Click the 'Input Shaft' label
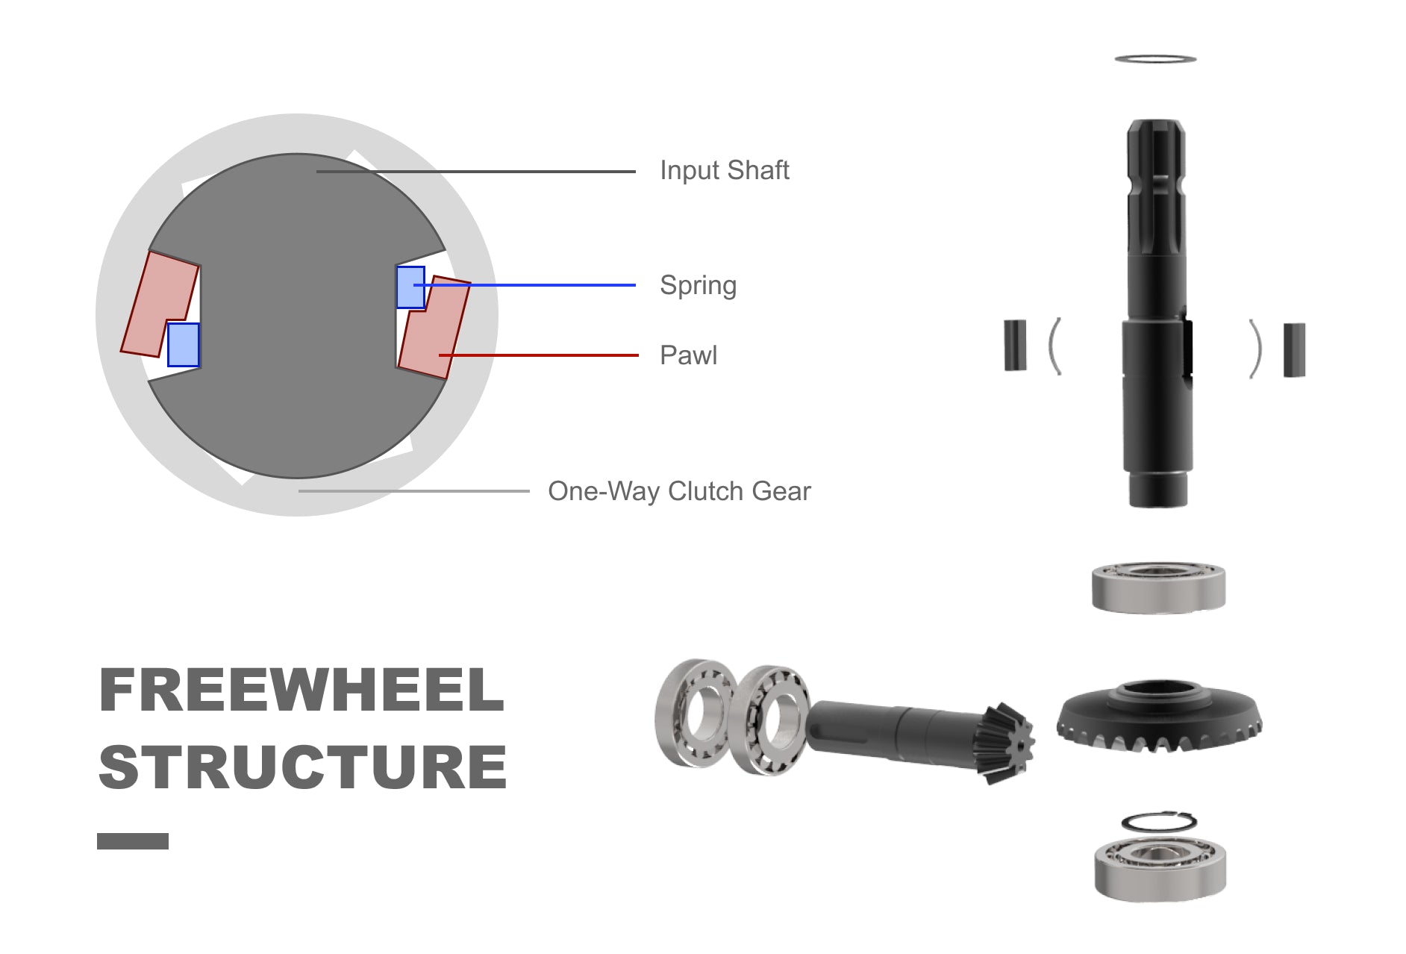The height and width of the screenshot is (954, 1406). point(724,170)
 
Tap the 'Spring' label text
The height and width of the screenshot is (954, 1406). point(698,285)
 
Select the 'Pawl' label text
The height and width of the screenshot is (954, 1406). point(688,355)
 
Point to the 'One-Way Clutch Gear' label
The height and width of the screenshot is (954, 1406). point(679,491)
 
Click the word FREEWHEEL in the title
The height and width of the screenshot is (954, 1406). point(301,690)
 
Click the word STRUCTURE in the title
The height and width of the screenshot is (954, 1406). point(303,767)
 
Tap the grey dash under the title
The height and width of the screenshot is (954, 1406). point(133,841)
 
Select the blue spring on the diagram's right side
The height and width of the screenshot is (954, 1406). point(410,287)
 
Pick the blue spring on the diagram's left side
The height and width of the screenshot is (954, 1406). point(183,345)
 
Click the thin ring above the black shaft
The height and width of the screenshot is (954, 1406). point(1155,58)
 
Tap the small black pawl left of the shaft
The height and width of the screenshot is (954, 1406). point(1015,345)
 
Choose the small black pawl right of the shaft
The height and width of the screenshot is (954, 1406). point(1294,349)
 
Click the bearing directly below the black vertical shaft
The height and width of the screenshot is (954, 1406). point(1158,587)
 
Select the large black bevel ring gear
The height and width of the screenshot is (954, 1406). point(1159,716)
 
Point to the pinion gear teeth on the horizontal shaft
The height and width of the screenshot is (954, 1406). point(1004,742)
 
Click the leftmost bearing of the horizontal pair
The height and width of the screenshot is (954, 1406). point(696,712)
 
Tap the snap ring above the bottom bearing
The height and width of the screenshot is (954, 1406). point(1159,821)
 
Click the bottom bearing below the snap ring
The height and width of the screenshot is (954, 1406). point(1160,868)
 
